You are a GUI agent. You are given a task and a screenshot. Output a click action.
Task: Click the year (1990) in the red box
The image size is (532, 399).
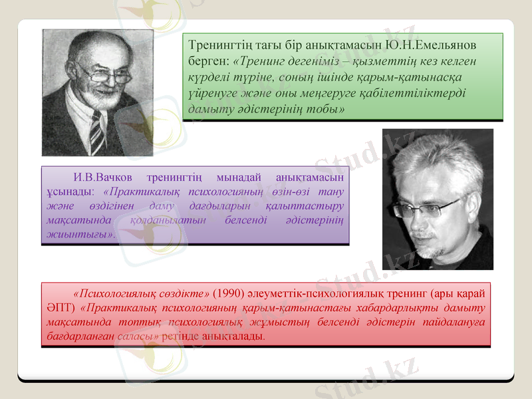pos(232,293)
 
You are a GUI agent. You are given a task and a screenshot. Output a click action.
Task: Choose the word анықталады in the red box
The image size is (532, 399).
pos(235,336)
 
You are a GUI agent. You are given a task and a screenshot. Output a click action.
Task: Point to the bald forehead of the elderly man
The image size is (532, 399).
pos(93,50)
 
